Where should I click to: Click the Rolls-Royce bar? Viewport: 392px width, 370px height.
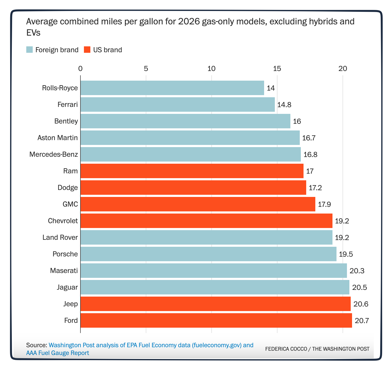tap(172, 88)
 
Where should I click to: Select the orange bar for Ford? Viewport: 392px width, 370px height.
tap(216, 320)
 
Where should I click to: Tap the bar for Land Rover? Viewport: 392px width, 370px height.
tap(206, 237)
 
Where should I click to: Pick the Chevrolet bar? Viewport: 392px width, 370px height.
tap(206, 221)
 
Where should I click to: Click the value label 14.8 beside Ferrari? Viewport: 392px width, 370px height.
tap(284, 105)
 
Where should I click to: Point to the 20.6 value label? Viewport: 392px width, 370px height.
tap(361, 304)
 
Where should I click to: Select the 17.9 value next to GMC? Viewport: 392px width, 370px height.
tap(324, 204)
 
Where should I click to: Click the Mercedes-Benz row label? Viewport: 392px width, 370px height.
tap(54, 154)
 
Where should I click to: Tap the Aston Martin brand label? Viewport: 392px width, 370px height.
tap(58, 138)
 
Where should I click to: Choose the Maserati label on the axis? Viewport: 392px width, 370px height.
tap(64, 271)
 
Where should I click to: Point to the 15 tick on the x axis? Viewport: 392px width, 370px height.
tap(277, 69)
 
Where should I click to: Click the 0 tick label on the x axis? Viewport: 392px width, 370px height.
tap(80, 69)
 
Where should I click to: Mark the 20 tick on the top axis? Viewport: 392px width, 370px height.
tap(343, 69)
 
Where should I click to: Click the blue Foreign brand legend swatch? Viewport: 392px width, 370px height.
tap(29, 50)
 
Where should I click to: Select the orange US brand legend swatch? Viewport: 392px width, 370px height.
tap(87, 50)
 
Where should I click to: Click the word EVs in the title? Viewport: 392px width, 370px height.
tap(33, 33)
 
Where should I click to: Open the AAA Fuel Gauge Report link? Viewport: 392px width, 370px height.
tap(58, 353)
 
